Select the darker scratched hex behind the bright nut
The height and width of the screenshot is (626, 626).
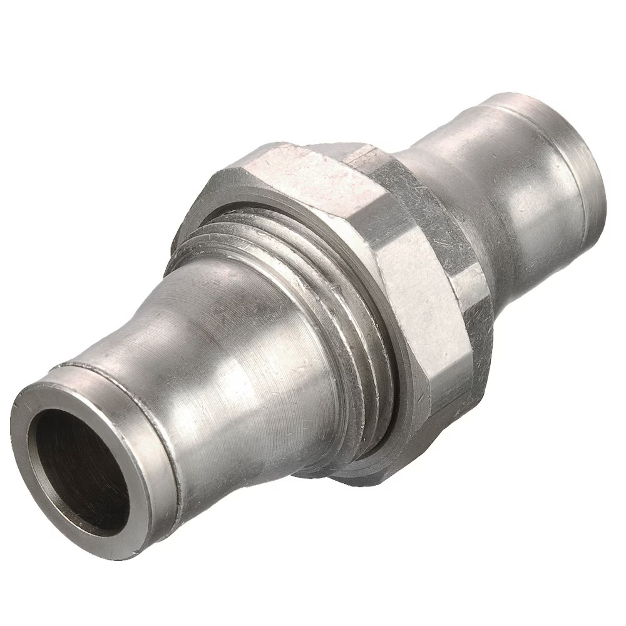tap(426, 207)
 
